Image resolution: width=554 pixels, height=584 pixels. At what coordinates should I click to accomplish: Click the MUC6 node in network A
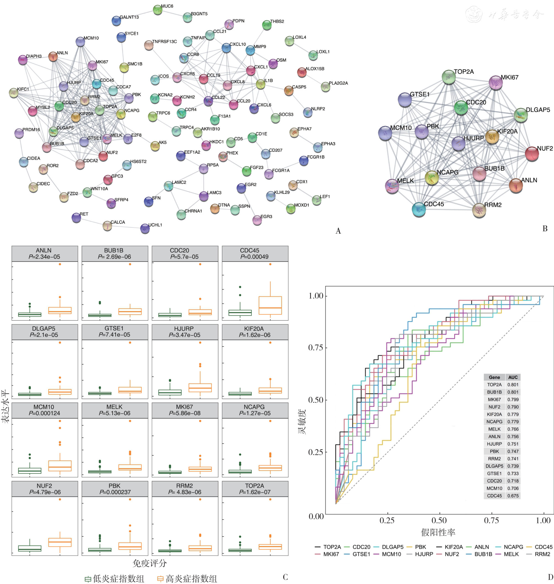[158, 10]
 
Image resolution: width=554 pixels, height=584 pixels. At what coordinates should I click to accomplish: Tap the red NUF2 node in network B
[532, 153]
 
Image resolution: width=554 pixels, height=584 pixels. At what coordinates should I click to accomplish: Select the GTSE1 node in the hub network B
[405, 100]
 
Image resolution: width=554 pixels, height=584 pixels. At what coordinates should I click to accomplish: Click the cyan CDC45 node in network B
[419, 209]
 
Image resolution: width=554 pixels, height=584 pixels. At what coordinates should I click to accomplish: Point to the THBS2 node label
[277, 21]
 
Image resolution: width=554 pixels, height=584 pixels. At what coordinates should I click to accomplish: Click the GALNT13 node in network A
[116, 21]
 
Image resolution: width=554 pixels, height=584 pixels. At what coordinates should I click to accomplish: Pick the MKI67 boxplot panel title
[184, 407]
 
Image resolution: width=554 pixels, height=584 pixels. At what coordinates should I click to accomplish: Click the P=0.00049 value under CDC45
[254, 257]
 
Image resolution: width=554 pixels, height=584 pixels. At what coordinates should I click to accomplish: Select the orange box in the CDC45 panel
[270, 305]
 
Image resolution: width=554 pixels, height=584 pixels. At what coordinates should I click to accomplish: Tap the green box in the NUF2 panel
[30, 548]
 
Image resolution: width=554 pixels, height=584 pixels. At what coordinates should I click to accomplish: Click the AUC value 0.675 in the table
[513, 496]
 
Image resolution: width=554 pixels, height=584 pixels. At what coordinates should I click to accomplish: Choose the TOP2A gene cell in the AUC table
[494, 385]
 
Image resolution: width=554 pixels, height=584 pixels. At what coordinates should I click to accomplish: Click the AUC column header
[513, 377]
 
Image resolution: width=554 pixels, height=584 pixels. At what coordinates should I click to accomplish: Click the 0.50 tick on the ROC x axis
[439, 520]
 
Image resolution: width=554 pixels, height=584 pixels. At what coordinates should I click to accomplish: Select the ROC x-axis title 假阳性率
[438, 532]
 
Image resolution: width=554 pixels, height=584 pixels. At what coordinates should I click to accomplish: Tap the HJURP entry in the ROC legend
[424, 554]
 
